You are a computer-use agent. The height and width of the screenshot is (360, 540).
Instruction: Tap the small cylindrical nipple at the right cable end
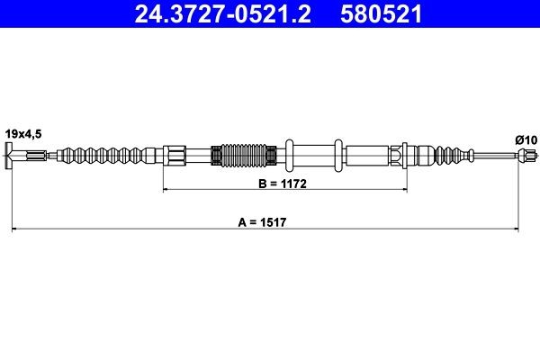(519, 157)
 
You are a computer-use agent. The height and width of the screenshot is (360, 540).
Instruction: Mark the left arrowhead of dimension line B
(166, 190)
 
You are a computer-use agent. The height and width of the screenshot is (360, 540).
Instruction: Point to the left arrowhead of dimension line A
(15, 230)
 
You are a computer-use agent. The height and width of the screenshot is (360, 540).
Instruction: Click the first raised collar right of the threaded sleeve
(289, 157)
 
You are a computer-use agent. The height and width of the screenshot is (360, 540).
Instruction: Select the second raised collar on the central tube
(337, 157)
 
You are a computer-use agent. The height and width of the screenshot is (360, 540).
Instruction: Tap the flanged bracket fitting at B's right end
(400, 157)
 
